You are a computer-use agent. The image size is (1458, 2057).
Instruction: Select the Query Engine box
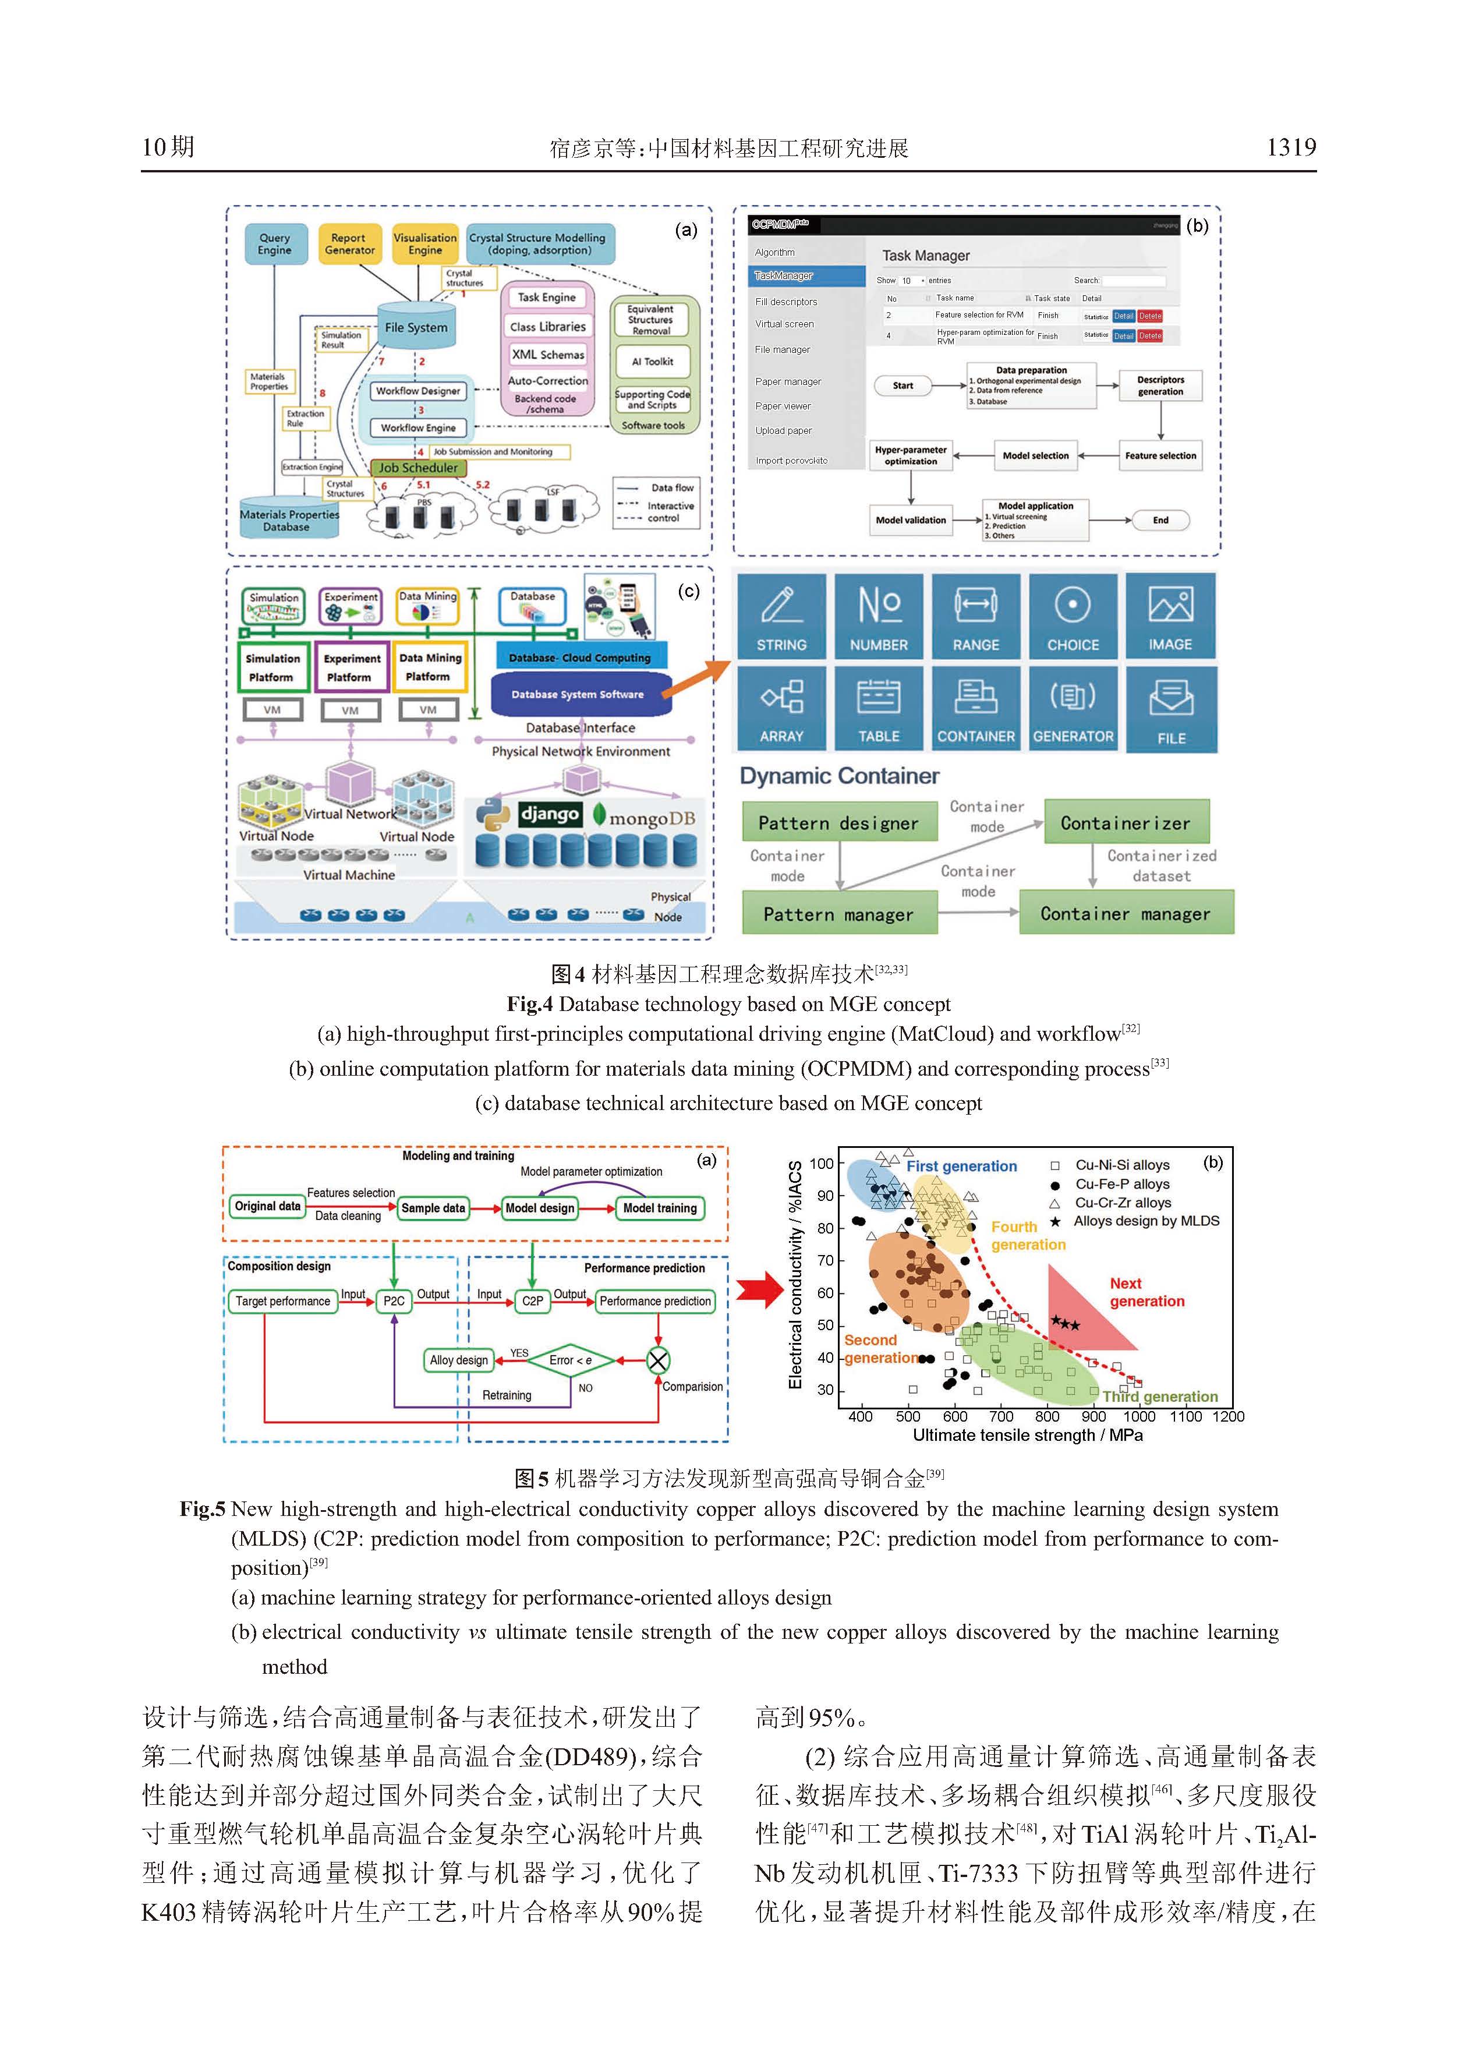click(x=275, y=244)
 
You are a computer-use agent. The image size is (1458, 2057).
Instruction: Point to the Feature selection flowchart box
click(x=1160, y=456)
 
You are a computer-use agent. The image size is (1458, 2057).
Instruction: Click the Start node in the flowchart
click(x=903, y=386)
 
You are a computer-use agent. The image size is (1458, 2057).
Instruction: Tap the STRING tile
click(x=781, y=617)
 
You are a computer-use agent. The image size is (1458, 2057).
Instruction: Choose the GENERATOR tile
click(x=1073, y=708)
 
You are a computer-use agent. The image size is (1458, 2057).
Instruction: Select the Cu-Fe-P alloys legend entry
click(x=1121, y=1184)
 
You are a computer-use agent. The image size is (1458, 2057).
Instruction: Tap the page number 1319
click(x=1290, y=147)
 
